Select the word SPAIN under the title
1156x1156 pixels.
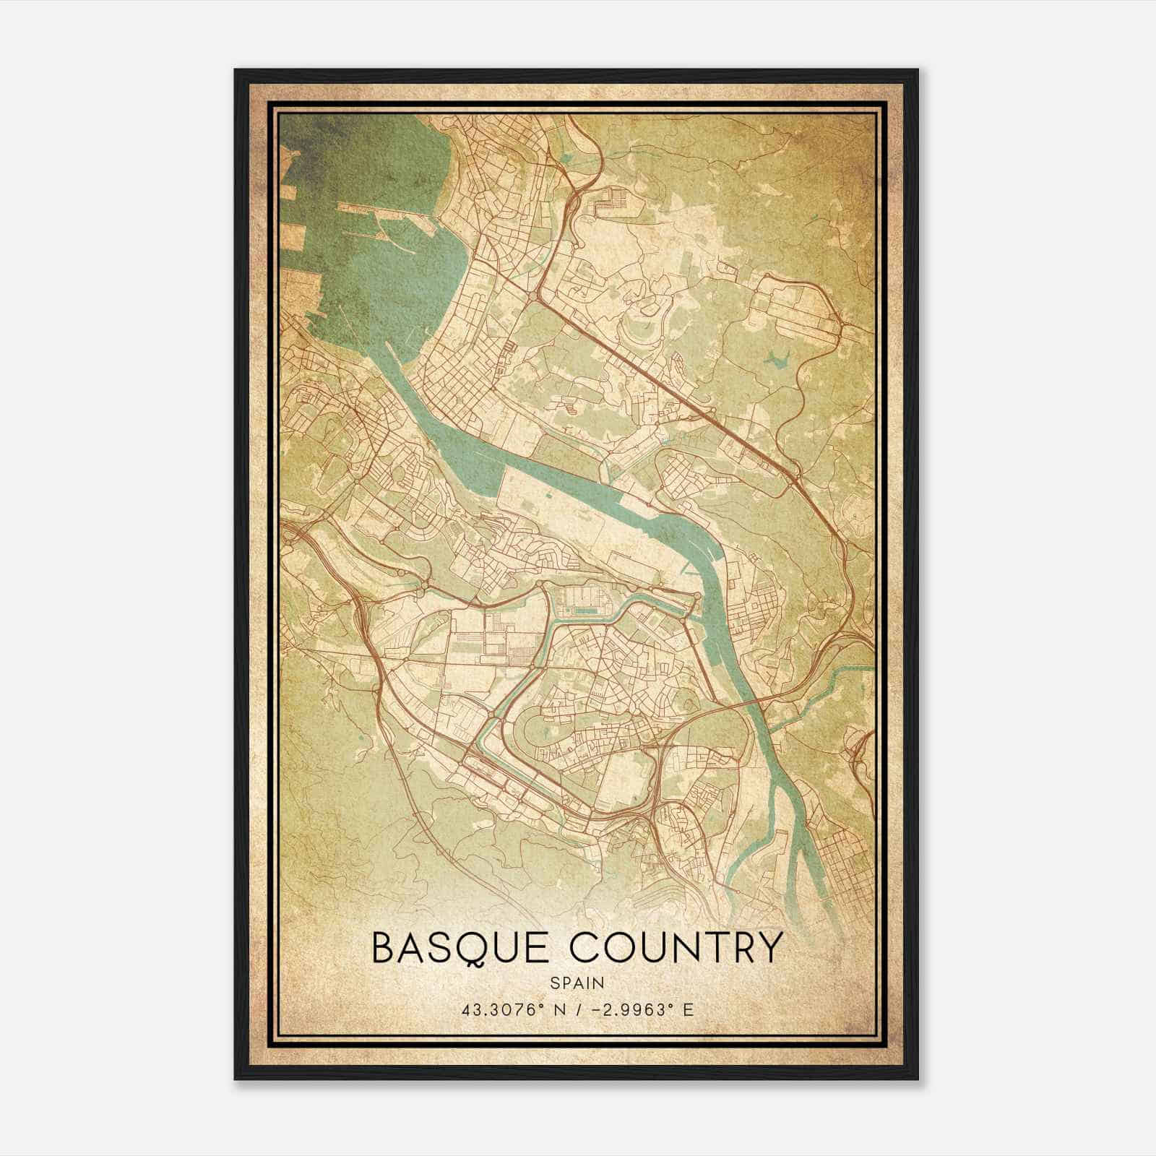tap(576, 983)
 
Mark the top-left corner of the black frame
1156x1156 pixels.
tap(236, 70)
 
